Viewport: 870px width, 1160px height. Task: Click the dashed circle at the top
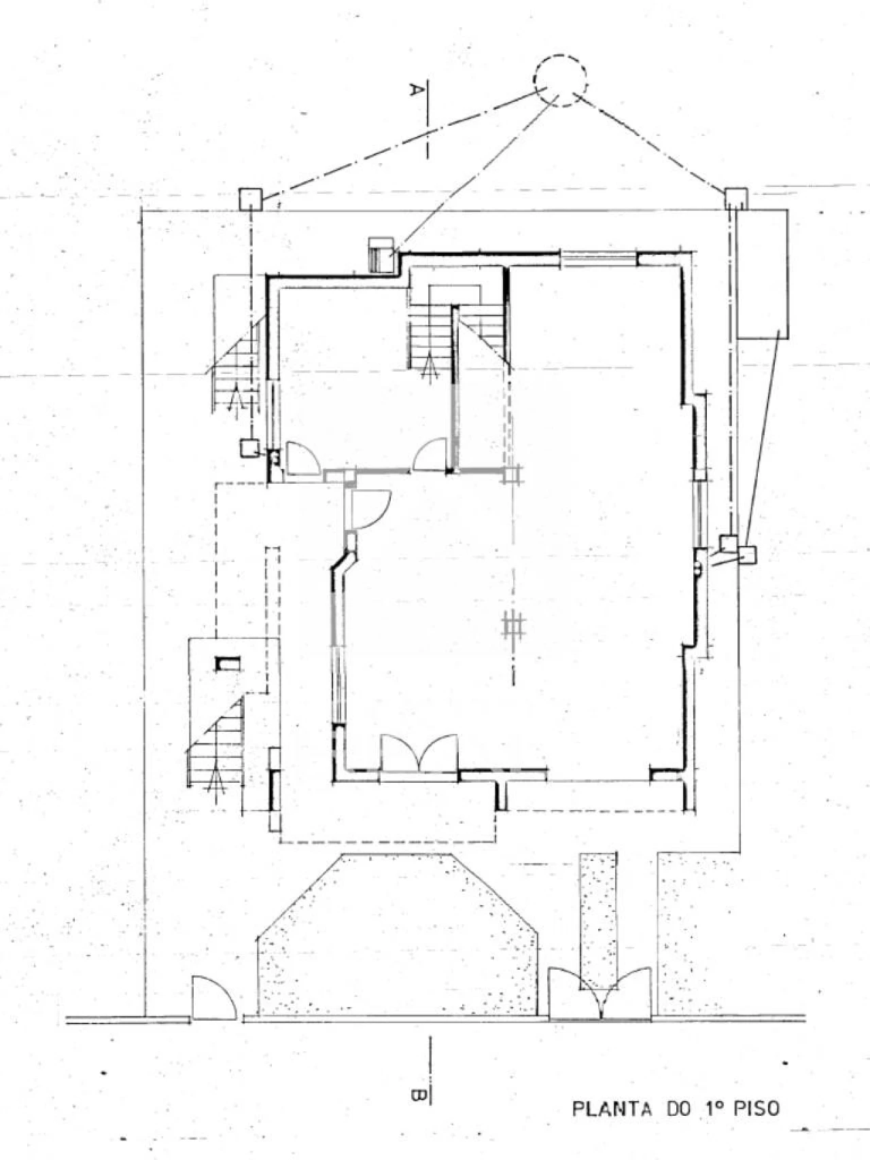tap(534, 80)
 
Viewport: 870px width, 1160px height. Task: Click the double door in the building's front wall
tap(419, 752)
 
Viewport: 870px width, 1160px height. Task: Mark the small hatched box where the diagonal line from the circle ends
tap(381, 255)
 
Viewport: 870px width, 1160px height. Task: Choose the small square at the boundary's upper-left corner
tap(251, 198)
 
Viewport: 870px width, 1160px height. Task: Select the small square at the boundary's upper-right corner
tap(735, 198)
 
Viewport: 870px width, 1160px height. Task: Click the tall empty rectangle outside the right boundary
tap(763, 274)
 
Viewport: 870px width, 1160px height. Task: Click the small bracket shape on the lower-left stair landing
tap(227, 663)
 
